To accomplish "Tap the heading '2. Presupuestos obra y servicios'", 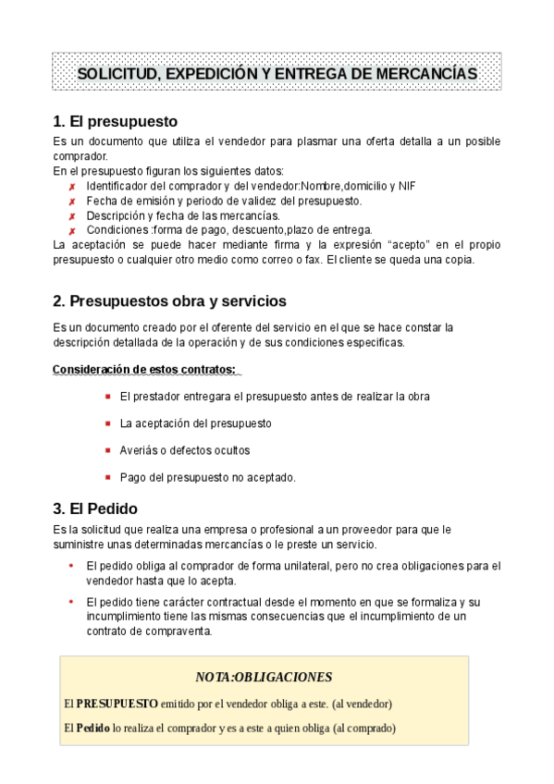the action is [x=169, y=301].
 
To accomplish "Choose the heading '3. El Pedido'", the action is [x=95, y=508].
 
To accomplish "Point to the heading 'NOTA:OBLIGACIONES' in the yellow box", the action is [x=264, y=677].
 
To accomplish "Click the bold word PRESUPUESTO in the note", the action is [x=117, y=704].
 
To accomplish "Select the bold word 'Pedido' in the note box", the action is [x=92, y=728].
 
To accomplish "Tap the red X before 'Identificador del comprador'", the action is [x=71, y=187].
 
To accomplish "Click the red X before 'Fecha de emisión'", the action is [x=71, y=202].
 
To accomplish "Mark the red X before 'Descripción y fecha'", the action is [x=71, y=216].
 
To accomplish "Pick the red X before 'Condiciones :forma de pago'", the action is [x=71, y=231].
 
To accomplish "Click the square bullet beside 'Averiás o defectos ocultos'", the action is [x=108, y=450].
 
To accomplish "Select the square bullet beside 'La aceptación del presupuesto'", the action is [x=108, y=423].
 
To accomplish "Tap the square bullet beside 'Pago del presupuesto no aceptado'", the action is [x=108, y=477].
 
